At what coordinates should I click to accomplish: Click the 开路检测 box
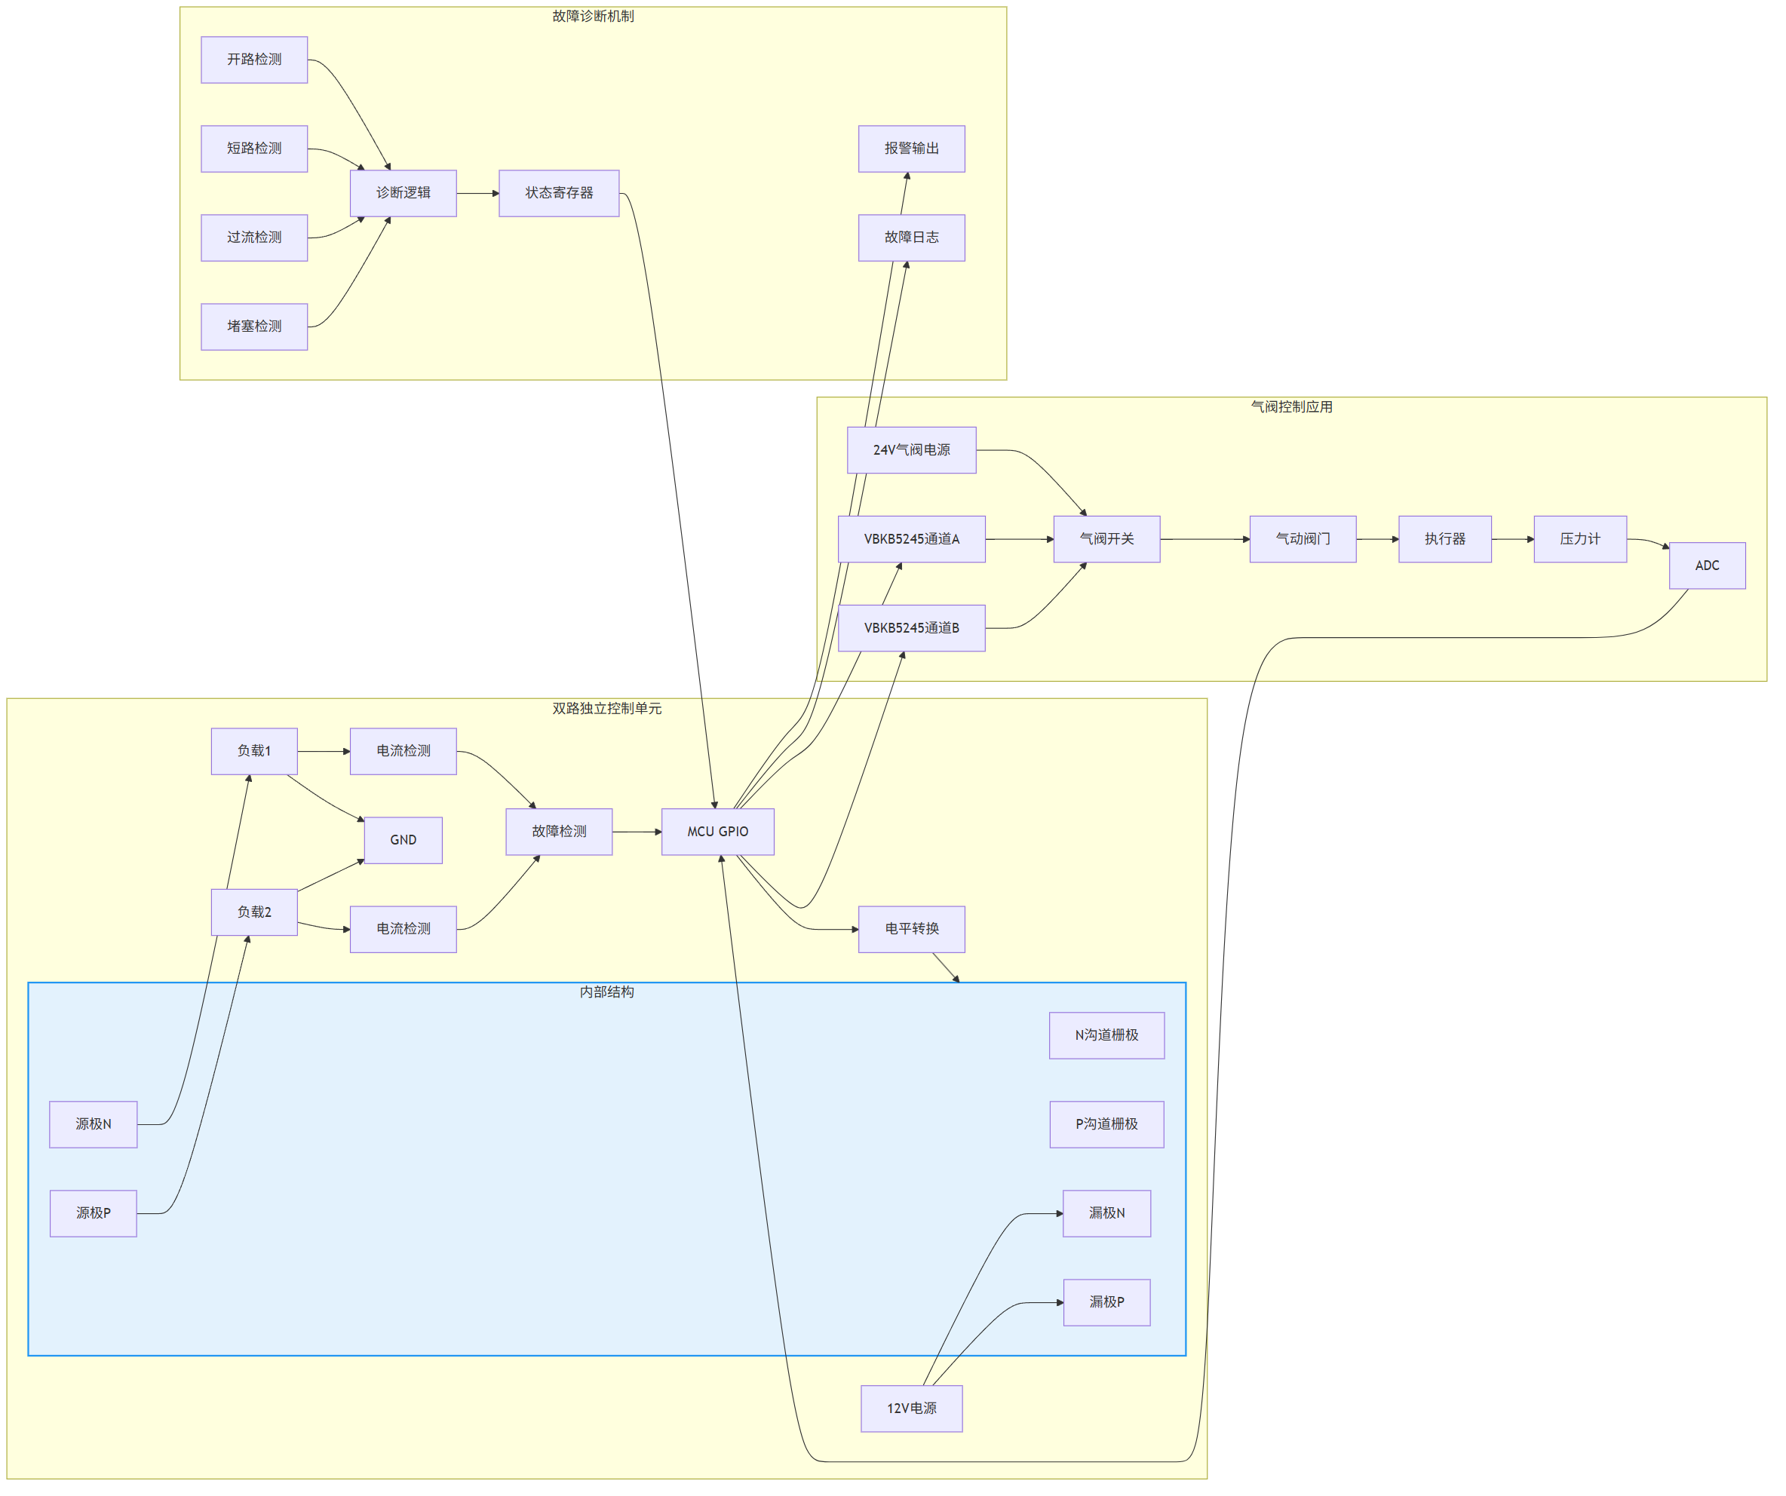[254, 60]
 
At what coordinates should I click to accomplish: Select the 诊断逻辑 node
[403, 193]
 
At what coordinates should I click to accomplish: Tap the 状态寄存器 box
[559, 193]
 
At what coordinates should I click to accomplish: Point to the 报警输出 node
[912, 149]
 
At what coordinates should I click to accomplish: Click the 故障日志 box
[912, 238]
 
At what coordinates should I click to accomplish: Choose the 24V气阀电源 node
[912, 450]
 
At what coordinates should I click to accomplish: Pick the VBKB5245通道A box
[912, 539]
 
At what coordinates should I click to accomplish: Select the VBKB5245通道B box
[912, 629]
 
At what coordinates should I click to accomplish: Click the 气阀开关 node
[1106, 539]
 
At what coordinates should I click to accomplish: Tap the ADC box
[1707, 566]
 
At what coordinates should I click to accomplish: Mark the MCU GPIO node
[718, 832]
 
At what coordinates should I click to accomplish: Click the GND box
[403, 840]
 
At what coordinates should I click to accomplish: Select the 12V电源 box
[912, 1409]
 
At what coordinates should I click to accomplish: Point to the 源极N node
[94, 1124]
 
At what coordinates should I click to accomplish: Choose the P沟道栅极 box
[1106, 1124]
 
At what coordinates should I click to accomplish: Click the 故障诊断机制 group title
[593, 16]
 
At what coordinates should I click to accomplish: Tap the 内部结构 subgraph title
[606, 992]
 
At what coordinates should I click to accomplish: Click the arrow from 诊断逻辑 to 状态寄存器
[478, 194]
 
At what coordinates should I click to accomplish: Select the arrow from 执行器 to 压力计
[1513, 539]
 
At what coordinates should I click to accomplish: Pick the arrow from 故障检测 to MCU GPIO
[637, 832]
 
